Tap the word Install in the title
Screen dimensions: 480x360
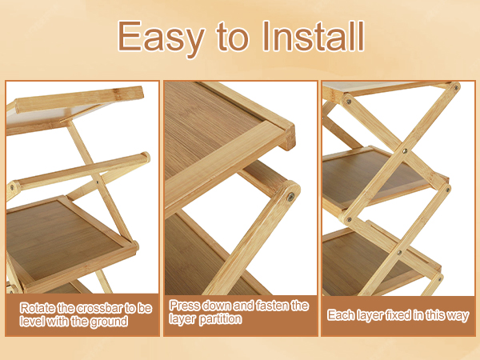(x=314, y=36)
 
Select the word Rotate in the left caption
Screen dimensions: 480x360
(x=38, y=308)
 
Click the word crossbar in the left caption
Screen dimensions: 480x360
(x=99, y=308)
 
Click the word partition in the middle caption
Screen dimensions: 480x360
(x=221, y=319)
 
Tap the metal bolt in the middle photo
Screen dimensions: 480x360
(x=290, y=197)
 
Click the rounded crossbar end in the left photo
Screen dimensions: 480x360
(x=146, y=158)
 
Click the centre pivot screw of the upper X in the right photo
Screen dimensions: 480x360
(x=405, y=151)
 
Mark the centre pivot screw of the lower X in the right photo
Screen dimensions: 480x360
(x=399, y=253)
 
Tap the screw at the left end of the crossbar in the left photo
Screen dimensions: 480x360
(x=12, y=186)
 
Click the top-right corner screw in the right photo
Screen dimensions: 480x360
(x=456, y=87)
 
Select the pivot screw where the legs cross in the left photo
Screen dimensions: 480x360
(x=98, y=182)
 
